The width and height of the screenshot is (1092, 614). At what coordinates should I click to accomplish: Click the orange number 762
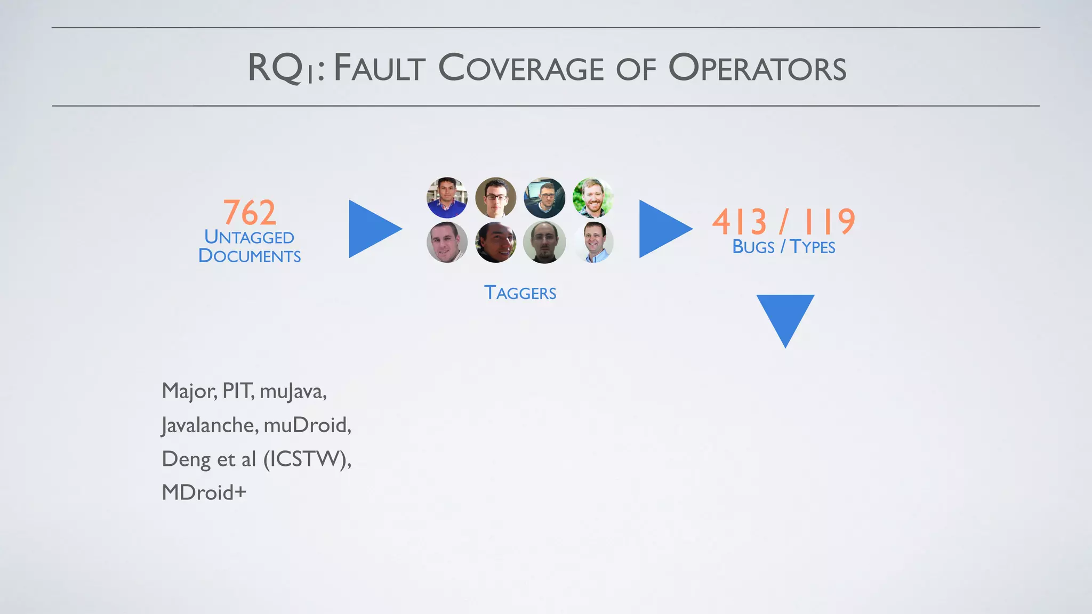coord(250,212)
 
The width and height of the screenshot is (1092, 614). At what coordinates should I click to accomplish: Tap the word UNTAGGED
coord(249,237)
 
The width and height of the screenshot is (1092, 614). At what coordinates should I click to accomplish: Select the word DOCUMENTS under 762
coord(250,256)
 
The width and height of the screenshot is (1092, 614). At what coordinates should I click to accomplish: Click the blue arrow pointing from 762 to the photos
coord(371,229)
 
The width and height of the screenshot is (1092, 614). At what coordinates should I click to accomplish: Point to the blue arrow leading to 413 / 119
coord(662,229)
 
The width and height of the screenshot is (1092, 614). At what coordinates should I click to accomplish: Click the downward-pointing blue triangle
coord(785,317)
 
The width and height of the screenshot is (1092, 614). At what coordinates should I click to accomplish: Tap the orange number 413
coord(740,222)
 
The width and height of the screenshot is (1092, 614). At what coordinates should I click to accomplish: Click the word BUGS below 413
coord(753,247)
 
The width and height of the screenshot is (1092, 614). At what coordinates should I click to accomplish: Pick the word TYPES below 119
coord(812,247)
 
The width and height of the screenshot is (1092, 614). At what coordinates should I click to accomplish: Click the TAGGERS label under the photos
coord(520,293)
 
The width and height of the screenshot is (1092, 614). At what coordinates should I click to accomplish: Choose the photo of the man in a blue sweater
coord(447,198)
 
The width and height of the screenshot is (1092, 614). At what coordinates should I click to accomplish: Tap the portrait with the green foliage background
coord(593,198)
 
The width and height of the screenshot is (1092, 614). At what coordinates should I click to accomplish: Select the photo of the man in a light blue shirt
coord(593,243)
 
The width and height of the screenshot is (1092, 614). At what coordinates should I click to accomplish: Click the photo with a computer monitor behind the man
coord(544,198)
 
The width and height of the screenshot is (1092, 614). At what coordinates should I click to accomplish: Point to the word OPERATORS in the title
coord(757,69)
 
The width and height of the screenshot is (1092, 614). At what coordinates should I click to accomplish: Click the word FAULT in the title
coord(380,69)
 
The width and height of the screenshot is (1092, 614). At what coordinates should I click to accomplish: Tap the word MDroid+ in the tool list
coord(204,492)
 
